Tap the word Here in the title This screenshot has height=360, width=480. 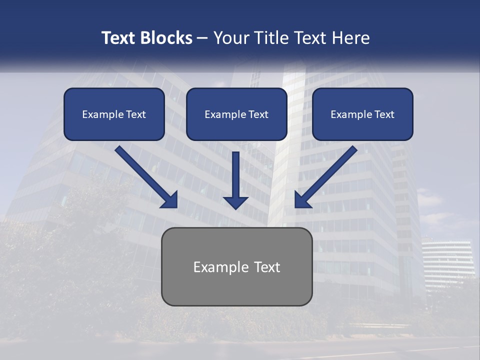[x=351, y=38]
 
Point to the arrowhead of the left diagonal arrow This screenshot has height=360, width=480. [x=170, y=200]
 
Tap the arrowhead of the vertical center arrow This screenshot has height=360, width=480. [x=235, y=202]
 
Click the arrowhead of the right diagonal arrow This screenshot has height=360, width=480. [x=302, y=200]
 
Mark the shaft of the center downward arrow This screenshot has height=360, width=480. [x=235, y=172]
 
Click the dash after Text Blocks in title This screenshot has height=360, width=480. [x=202, y=38]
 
